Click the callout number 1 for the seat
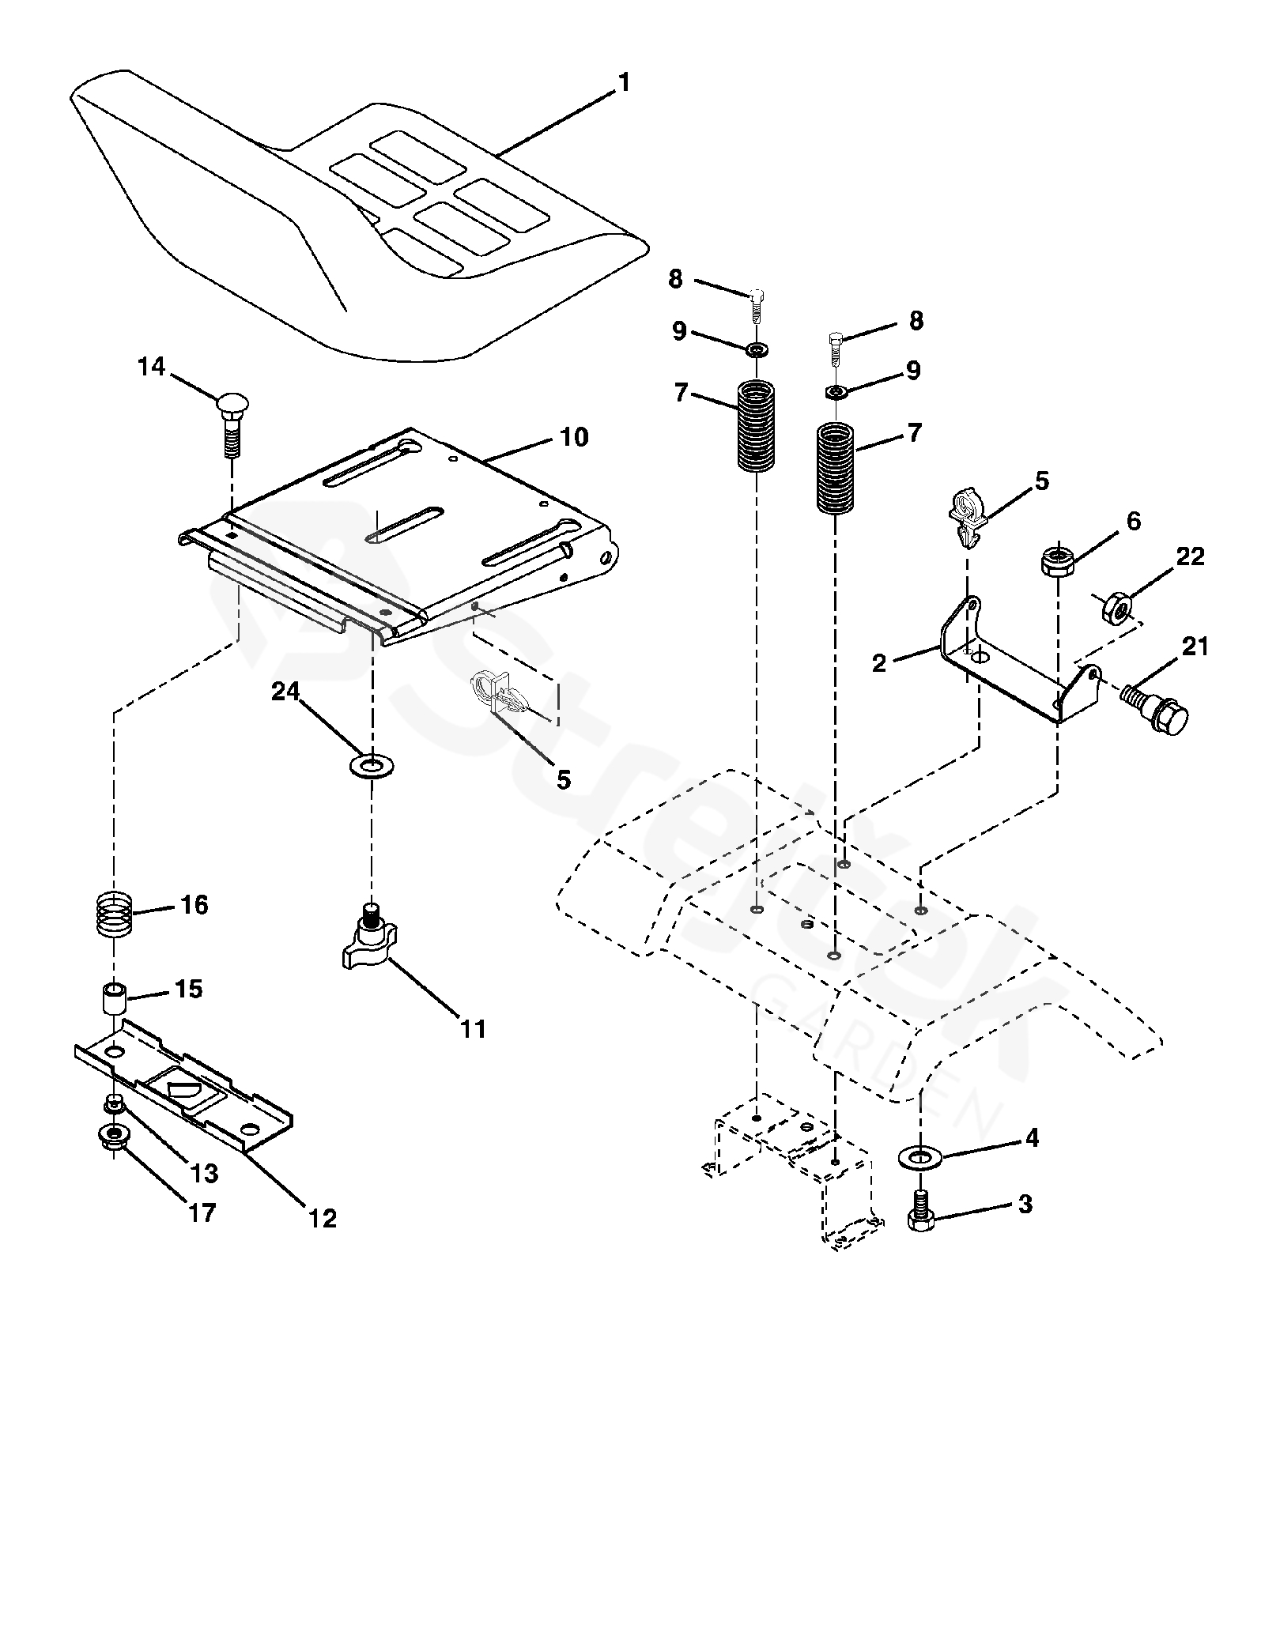pyautogui.click(x=625, y=83)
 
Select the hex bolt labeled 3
pyautogui.click(x=921, y=1212)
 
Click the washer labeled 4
pyautogui.click(x=920, y=1159)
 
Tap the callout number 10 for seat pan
pyautogui.click(x=574, y=437)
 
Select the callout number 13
pyautogui.click(x=204, y=1174)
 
